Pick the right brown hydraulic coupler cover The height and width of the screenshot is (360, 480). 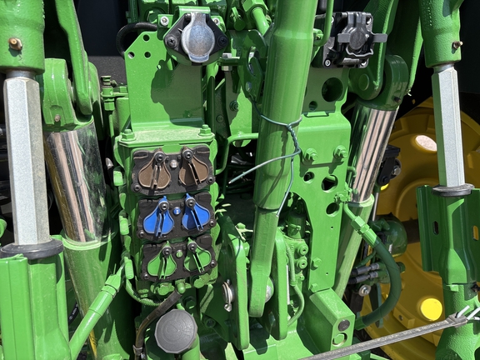click(197, 167)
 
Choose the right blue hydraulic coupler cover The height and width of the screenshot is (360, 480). click(197, 213)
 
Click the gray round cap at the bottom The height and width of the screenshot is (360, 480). click(175, 330)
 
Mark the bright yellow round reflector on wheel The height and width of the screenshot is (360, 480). click(431, 309)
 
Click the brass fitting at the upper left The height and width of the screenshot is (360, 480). click(15, 43)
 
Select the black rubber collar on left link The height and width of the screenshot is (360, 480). click(31, 247)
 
